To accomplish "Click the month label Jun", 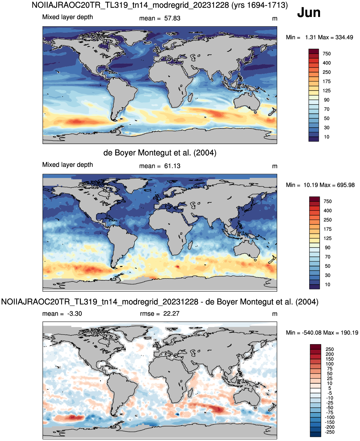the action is pos(309,13).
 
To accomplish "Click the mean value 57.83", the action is pos(172,19).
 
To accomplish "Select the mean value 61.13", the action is pos(172,166).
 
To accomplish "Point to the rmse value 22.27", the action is pos(171,314).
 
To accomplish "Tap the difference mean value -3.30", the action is pos(74,314).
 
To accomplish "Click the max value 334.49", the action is pos(344,37).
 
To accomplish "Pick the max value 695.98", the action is pos(346,185).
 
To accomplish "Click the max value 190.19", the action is pos(349,333).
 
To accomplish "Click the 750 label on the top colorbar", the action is pos(326,54).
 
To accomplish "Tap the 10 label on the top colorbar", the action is pos(326,137).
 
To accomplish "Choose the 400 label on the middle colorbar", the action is pos(327,210).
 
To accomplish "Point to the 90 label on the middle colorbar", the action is pos(327,248).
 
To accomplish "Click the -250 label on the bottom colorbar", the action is pos(330,432).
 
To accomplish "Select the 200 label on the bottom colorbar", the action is pos(330,354).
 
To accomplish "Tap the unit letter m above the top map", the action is pos(275,19).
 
